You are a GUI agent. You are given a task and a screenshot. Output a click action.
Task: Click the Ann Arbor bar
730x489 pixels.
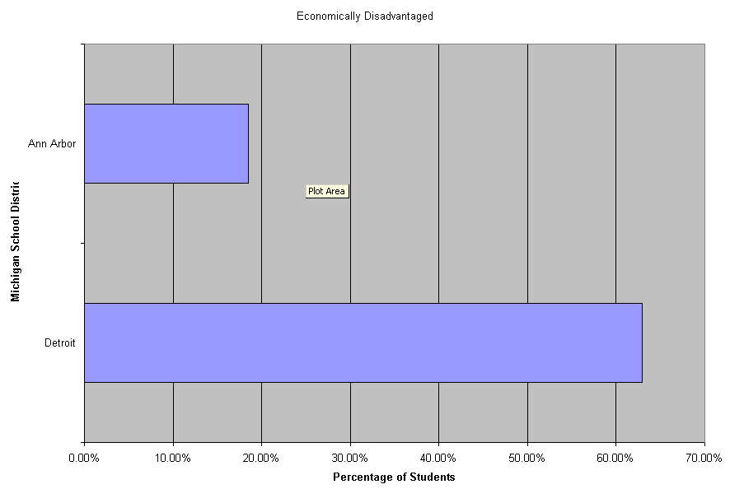tap(166, 143)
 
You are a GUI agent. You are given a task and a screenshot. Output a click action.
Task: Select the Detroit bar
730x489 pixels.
tap(363, 342)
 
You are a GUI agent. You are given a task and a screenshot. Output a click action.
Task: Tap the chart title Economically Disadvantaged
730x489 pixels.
tap(365, 16)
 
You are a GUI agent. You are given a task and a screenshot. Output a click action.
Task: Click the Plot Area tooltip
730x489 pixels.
tap(327, 191)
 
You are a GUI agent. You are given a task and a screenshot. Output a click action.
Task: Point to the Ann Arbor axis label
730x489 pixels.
tap(52, 144)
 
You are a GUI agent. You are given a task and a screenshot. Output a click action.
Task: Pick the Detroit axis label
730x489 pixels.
tap(60, 343)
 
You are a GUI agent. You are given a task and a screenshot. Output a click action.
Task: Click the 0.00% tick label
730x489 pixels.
tap(84, 457)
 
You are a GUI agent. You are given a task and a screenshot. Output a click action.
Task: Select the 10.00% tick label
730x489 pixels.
tap(172, 457)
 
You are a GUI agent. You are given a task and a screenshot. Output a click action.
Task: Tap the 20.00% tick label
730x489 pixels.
tap(261, 457)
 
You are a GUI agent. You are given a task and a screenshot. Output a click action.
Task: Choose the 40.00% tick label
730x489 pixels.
tap(438, 457)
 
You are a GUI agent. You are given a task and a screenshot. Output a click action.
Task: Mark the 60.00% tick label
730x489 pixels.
tap(615, 457)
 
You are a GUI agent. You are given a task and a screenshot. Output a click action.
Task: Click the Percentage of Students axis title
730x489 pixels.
tap(394, 477)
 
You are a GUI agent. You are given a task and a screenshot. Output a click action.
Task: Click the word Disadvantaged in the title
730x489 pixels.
tap(399, 16)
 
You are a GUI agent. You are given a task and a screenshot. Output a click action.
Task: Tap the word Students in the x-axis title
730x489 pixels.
tap(433, 477)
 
